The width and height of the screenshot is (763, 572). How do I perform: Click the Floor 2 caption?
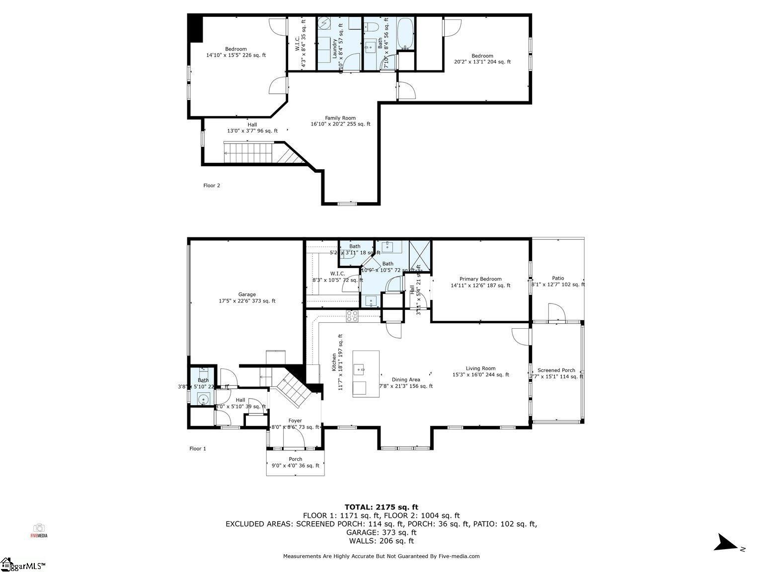pos(212,186)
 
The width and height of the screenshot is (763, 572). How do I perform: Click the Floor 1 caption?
pos(198,449)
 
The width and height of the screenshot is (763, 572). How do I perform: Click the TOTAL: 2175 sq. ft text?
pos(381,507)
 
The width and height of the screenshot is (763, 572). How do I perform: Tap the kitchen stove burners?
pos(352,316)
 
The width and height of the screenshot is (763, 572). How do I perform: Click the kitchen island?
pos(366,373)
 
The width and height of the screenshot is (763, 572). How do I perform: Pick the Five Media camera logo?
pos(39,530)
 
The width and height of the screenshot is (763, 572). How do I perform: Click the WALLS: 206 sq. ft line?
pos(381,541)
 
